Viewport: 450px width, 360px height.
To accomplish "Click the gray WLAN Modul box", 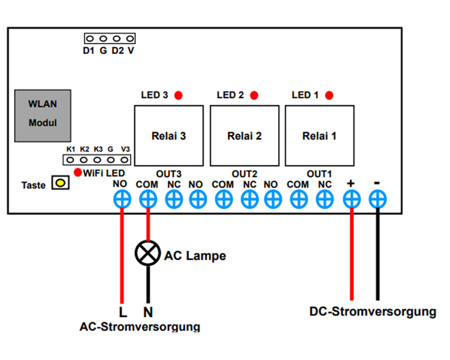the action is pos(43,116).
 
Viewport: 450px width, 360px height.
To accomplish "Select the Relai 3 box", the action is pos(169,135).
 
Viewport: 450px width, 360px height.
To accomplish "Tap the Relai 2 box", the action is pos(244,135).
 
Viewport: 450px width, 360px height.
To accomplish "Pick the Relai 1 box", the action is pos(319,135).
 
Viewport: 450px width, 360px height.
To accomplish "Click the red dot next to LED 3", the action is pos(179,95).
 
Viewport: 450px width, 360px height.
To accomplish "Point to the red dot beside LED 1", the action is pos(329,95).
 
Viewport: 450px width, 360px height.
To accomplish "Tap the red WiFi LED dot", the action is pos(78,172).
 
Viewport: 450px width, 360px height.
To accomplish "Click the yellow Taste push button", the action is pos(61,183).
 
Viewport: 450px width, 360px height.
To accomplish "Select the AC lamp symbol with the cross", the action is pos(148,253).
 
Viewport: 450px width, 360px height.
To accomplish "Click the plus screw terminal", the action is pos(352,199).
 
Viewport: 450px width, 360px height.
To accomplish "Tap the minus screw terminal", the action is pos(378,199).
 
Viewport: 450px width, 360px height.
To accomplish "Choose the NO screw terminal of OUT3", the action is pos(122,199).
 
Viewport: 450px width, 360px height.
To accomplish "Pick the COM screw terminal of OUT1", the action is pos(299,199).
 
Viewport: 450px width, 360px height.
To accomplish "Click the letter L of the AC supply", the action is pos(123,312).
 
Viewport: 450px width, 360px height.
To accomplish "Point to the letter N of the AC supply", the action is pos(148,312).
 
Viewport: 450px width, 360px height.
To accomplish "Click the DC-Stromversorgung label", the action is pos(373,312).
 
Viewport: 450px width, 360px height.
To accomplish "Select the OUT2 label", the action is pos(244,174).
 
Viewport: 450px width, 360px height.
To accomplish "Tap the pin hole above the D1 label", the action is pos(90,38).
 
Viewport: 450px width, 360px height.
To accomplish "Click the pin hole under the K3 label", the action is pos(97,160).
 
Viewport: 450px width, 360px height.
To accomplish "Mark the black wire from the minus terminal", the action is pos(378,254).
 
